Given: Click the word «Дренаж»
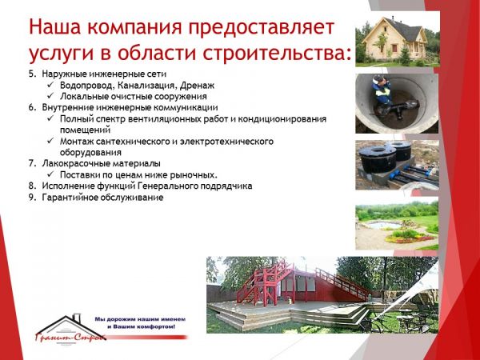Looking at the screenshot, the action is [x=197, y=86].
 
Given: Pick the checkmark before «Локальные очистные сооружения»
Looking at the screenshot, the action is [x=50, y=95].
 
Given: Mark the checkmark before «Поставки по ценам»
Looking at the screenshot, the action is [x=50, y=174].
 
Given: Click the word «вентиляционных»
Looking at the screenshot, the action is [x=165, y=118].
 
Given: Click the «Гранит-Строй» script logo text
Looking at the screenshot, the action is [x=70, y=337].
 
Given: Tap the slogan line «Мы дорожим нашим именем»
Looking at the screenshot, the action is [x=140, y=319].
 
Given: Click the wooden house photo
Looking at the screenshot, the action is [x=398, y=41].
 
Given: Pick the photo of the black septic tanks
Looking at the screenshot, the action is [x=397, y=165].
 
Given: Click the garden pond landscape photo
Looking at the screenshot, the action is [x=397, y=226].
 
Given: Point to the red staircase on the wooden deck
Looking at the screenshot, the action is [x=265, y=283].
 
